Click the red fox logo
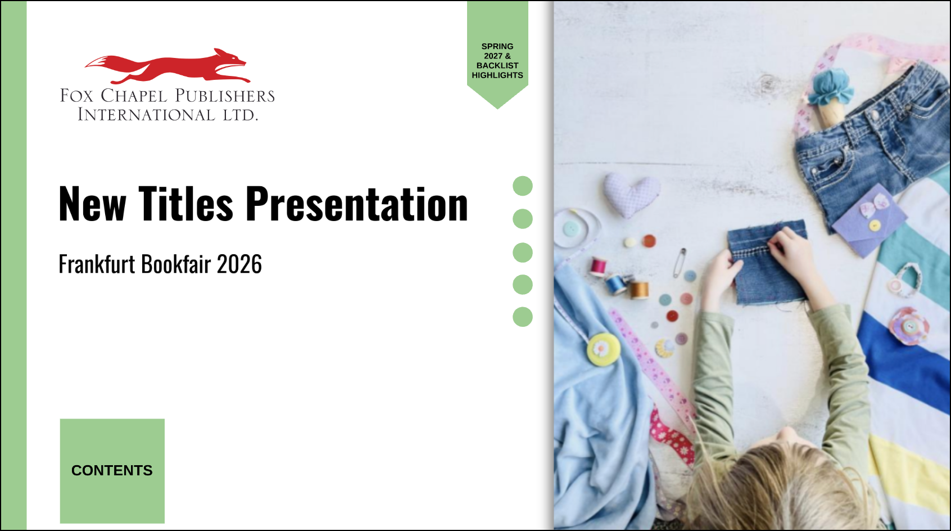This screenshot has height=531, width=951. pos(167,66)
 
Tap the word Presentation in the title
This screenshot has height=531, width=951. pos(357,204)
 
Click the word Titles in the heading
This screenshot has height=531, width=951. pos(185,204)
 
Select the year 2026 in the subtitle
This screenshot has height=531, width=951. pos(239,264)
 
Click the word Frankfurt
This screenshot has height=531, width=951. pos(97,264)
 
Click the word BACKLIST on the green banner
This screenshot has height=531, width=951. pos(497,65)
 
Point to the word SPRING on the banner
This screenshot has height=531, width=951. pos(497,46)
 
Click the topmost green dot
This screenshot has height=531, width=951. pos(523,186)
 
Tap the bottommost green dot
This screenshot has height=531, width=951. pos(523,317)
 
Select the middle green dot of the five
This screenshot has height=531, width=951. pos(523,253)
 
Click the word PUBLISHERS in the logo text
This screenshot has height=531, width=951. pos(225,96)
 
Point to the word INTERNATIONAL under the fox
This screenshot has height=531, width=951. pos(146,115)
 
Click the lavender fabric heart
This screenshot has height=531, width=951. pos(631,195)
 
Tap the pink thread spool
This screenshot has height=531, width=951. pos(599,267)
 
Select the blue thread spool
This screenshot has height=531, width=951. pos(617,283)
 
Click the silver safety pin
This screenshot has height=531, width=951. pos(680,262)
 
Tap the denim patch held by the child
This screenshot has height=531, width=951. pos(768,262)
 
